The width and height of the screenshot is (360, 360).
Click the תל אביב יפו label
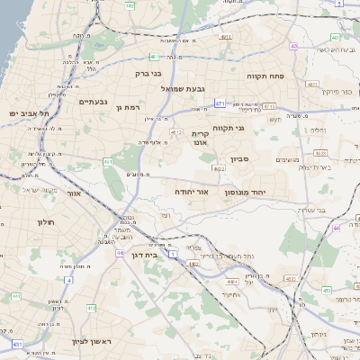click(30, 113)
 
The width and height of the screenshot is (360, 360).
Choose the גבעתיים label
click(94, 102)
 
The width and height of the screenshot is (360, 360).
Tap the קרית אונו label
click(200, 138)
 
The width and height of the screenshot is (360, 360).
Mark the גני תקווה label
click(253, 128)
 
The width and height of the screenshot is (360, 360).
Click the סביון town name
click(251, 158)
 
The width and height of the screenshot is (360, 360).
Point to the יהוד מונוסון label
click(266, 193)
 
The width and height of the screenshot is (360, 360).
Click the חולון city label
click(46, 221)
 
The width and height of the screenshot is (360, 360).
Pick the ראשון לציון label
click(90, 342)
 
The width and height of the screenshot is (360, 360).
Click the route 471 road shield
click(220, 104)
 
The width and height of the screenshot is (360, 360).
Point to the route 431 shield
click(17, 344)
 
